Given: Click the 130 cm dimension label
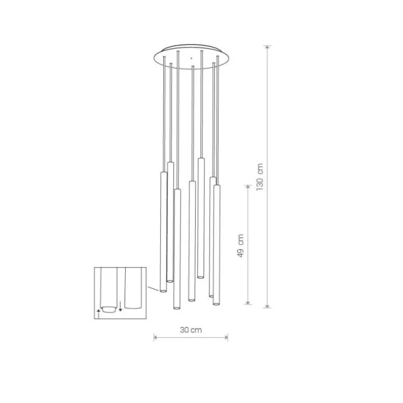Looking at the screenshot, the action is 260,176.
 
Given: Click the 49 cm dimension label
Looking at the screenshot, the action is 240,245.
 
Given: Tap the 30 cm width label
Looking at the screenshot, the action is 191,330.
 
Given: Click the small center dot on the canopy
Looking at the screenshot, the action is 191,58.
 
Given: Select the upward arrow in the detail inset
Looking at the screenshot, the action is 98,314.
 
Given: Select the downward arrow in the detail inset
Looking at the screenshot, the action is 120,306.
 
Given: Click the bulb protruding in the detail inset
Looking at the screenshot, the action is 109,309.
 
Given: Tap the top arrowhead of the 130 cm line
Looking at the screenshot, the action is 267,47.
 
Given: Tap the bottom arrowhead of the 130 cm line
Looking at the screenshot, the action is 267,306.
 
